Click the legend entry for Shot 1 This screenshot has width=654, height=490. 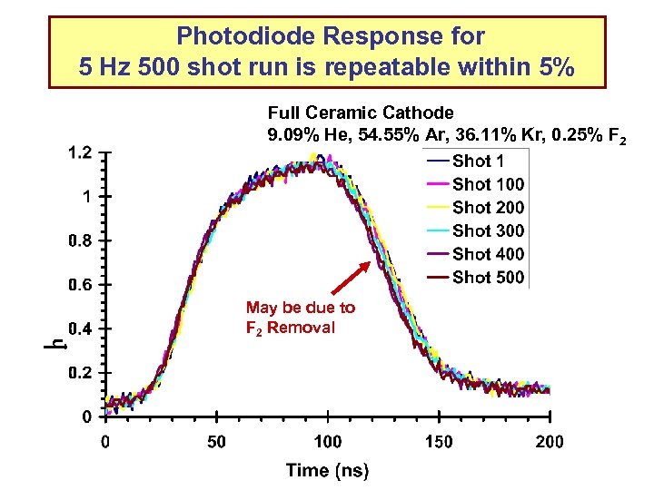coord(471,162)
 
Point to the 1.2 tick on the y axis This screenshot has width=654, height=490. coord(80,152)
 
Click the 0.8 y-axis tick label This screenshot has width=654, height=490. coord(80,240)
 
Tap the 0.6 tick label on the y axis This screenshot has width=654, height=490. coord(80,285)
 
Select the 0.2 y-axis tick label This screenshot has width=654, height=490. coord(80,373)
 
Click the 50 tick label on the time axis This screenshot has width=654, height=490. coord(216,442)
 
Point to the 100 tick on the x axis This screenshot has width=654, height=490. coord(328,442)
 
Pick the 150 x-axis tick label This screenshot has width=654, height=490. coord(439,442)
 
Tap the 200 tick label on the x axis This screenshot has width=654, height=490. coord(550,442)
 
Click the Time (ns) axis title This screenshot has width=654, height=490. coord(328,470)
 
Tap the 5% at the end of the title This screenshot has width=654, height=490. coord(551,67)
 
